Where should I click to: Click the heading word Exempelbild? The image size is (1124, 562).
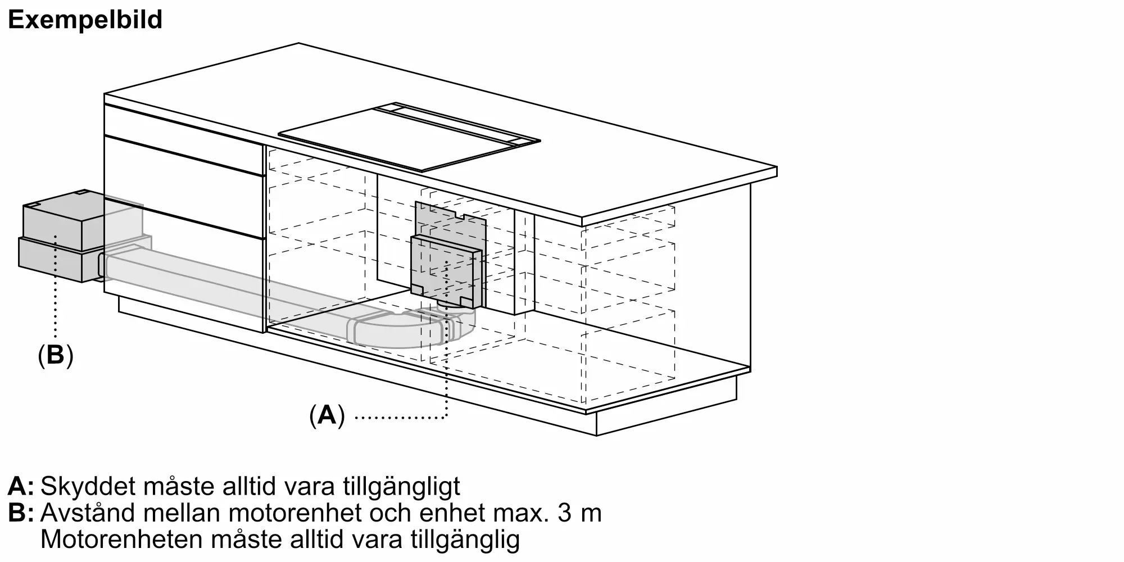click(85, 20)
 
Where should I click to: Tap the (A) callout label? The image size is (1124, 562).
click(327, 416)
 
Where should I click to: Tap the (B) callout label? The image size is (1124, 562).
click(55, 355)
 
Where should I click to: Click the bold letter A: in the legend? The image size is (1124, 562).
click(21, 487)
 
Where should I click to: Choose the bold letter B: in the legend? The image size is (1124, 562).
click(21, 513)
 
